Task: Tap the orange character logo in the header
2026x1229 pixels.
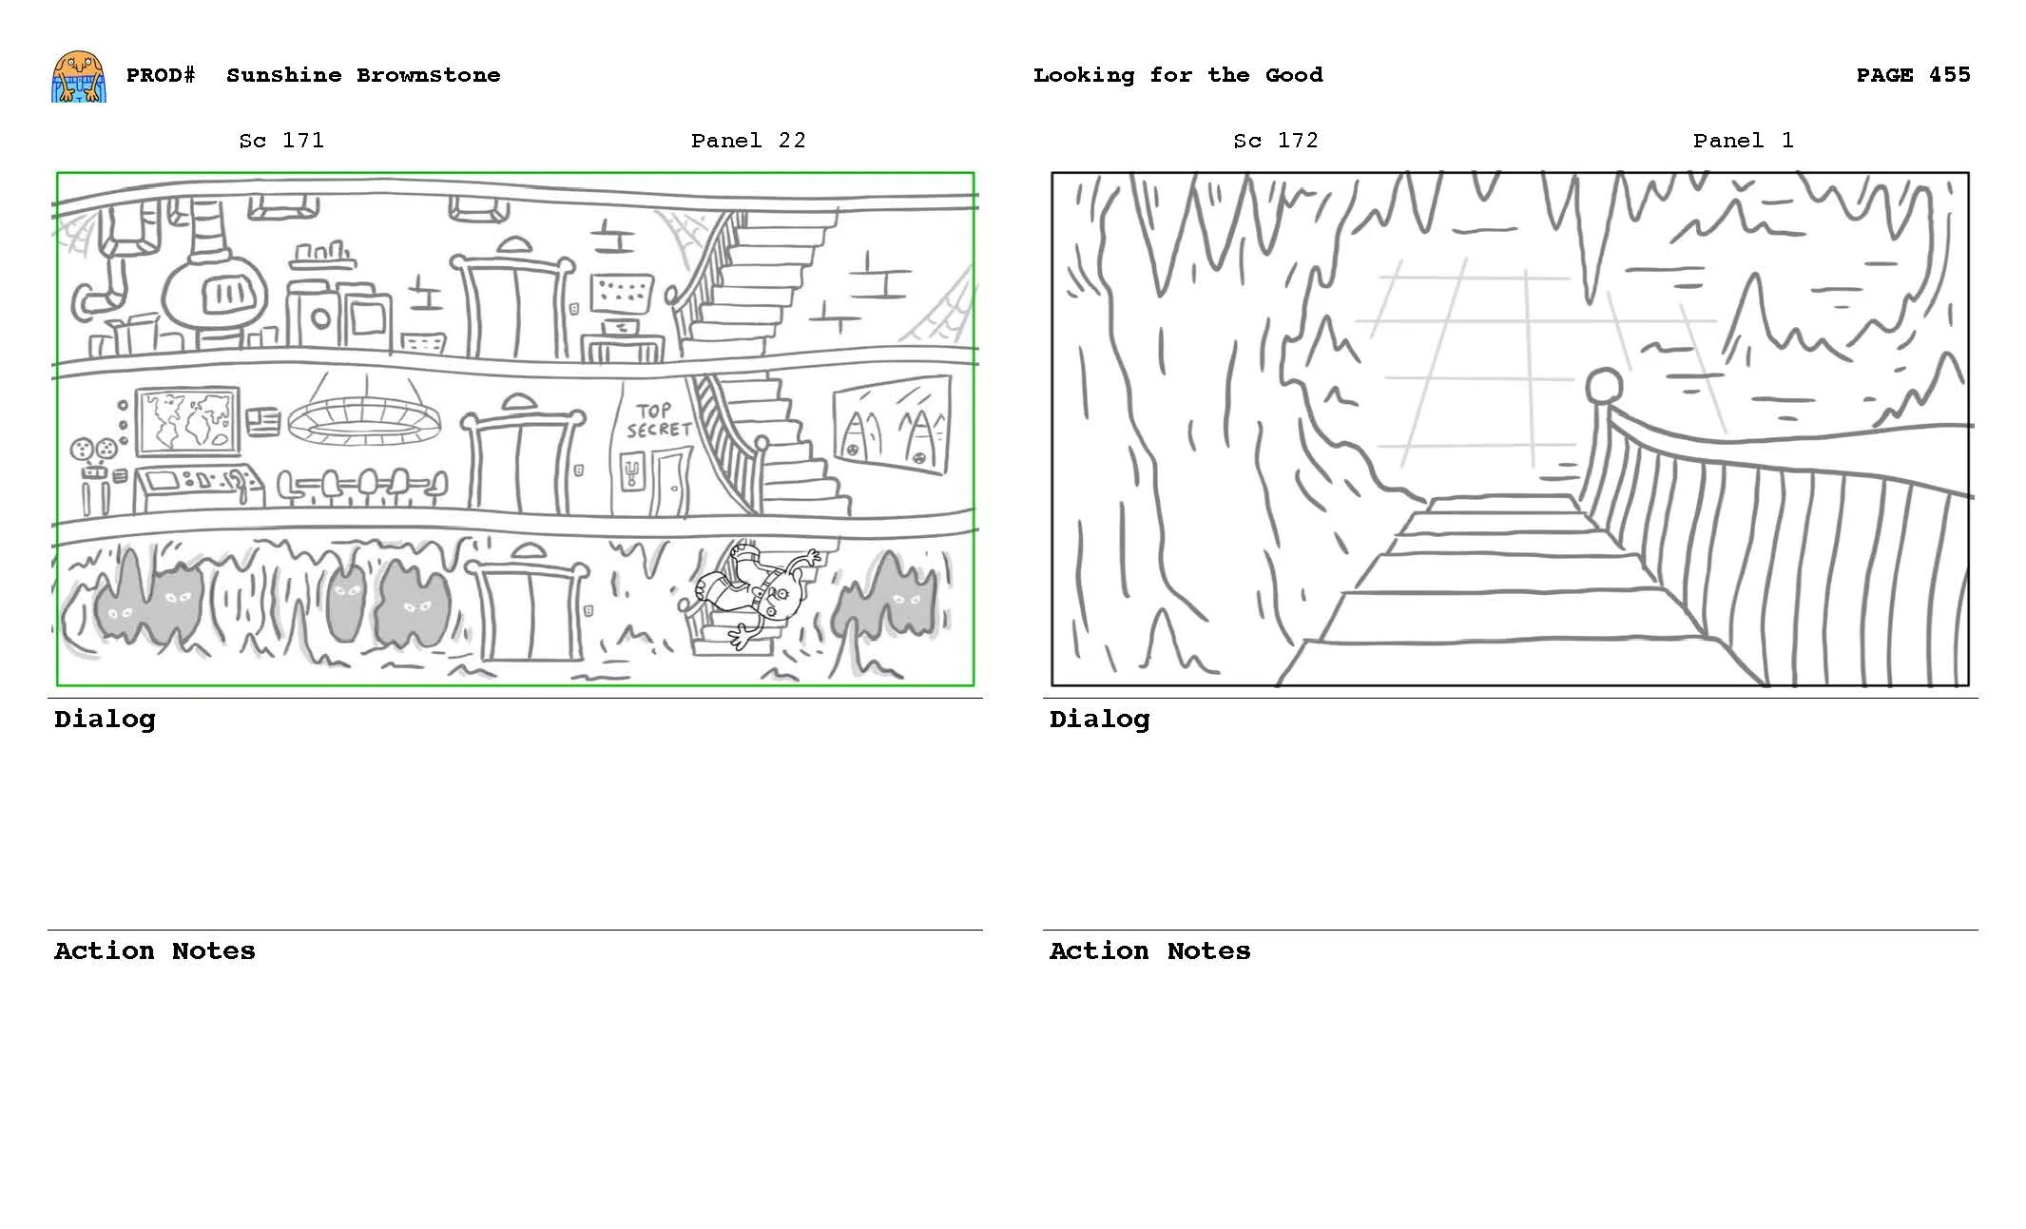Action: pos(79,77)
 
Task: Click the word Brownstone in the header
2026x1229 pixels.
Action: pos(428,75)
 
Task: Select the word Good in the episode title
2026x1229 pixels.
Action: pos(1293,75)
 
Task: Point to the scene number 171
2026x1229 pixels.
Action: pos(303,141)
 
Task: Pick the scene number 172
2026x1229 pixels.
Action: pos(1298,141)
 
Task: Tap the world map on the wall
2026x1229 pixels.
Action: pos(187,419)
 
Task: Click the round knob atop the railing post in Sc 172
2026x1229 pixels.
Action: pos(1604,386)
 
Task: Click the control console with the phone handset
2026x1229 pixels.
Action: pos(197,487)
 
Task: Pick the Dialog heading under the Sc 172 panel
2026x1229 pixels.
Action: pos(1099,720)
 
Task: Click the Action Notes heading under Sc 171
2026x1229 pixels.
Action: pos(154,951)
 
